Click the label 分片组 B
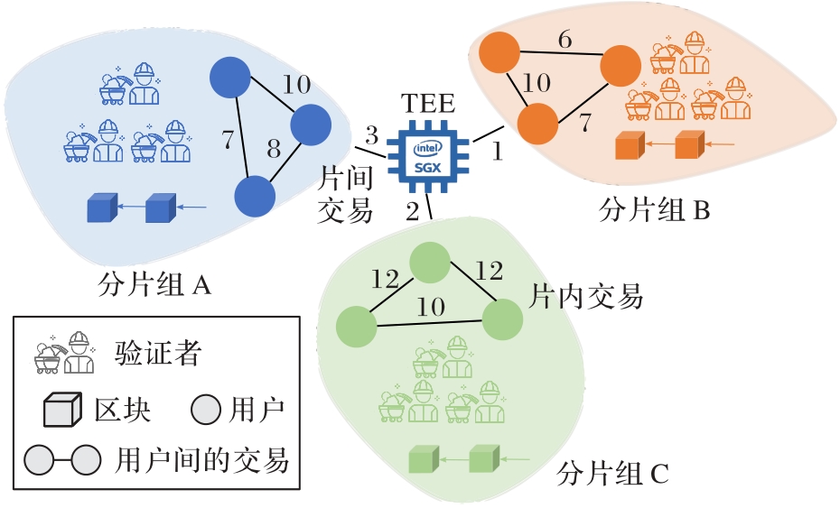click(656, 211)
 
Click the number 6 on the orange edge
click(565, 40)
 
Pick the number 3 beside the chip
click(370, 136)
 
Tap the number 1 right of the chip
click(496, 152)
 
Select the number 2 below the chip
click(412, 212)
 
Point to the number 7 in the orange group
click(584, 120)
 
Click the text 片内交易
click(585, 295)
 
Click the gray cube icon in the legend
click(63, 411)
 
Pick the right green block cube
click(484, 459)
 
